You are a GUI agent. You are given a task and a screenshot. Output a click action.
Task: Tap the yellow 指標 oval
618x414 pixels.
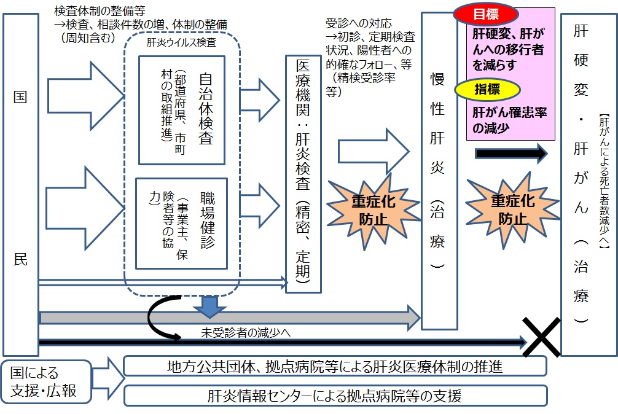pyautogui.click(x=487, y=90)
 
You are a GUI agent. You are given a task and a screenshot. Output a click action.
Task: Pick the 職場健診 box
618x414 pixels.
pyautogui.click(x=181, y=223)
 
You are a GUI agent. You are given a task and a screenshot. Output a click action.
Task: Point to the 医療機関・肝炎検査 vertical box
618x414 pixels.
pyautogui.click(x=303, y=174)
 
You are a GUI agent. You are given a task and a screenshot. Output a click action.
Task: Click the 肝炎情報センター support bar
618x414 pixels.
pyautogui.click(x=335, y=396)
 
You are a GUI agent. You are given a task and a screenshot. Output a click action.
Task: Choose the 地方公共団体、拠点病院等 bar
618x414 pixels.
pyautogui.click(x=335, y=367)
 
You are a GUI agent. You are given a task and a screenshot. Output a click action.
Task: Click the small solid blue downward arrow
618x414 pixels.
pyautogui.click(x=210, y=305)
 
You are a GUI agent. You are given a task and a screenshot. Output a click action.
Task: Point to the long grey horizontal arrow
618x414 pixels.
pyautogui.click(x=227, y=317)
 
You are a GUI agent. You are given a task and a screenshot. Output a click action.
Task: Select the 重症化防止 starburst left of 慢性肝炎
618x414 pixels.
pyautogui.click(x=369, y=210)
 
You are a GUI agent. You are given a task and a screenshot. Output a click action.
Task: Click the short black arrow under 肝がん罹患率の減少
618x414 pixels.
pyautogui.click(x=510, y=153)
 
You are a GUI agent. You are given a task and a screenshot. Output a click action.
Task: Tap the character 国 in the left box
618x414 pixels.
pyautogui.click(x=20, y=97)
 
